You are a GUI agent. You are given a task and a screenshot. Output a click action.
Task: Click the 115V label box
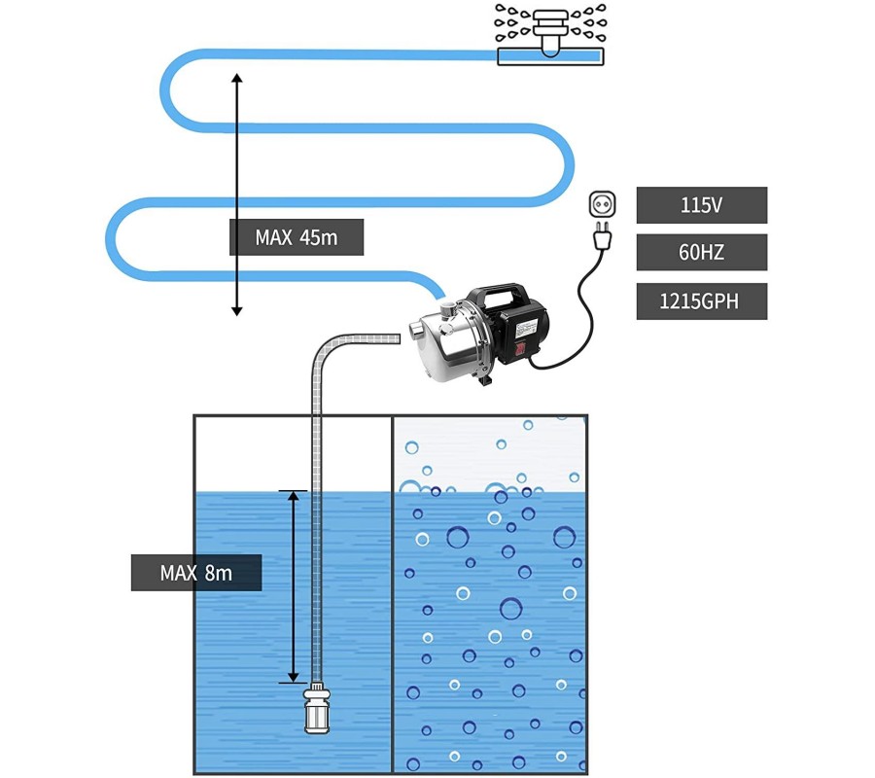pyautogui.click(x=701, y=205)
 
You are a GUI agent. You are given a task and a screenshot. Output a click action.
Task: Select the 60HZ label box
pyautogui.click(x=701, y=253)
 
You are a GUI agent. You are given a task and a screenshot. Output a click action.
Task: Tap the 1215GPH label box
pyautogui.click(x=701, y=301)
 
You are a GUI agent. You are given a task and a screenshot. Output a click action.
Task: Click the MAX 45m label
pyautogui.click(x=296, y=237)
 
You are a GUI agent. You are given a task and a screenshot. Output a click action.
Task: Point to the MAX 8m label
pyautogui.click(x=195, y=573)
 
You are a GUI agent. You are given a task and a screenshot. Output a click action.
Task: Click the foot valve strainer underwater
pyautogui.click(x=318, y=711)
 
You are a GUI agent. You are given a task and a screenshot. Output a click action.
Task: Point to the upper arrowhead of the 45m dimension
pyautogui.click(x=236, y=76)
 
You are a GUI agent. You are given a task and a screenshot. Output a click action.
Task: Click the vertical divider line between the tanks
pyautogui.click(x=392, y=593)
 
